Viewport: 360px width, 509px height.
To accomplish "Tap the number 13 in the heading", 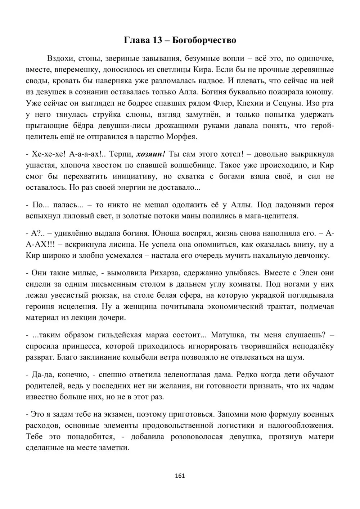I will [157, 40].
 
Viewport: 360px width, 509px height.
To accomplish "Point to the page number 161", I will [179, 476].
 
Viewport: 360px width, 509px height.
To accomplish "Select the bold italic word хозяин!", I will [151, 154].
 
